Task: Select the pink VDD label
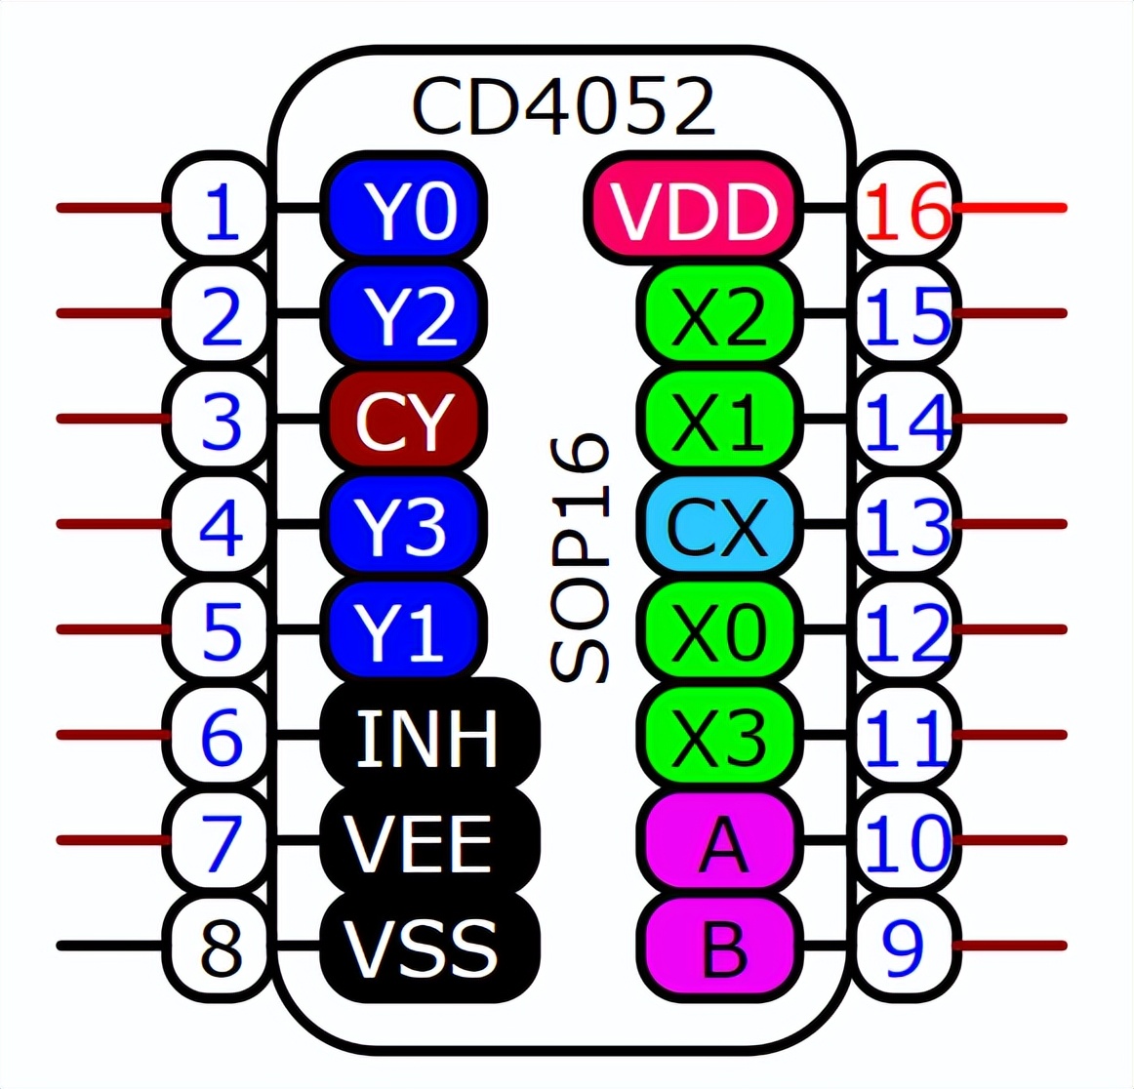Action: pyautogui.click(x=694, y=209)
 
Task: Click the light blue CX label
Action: pyautogui.click(x=718, y=525)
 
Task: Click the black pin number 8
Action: pyautogui.click(x=221, y=947)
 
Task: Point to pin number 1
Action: pyautogui.click(x=221, y=209)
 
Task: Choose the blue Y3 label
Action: pyautogui.click(x=404, y=525)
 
